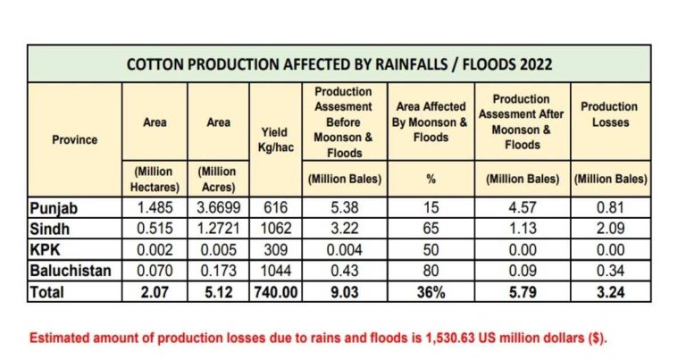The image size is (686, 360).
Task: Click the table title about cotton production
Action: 339,64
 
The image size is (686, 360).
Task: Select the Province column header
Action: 74,139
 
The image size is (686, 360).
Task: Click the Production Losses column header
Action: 609,114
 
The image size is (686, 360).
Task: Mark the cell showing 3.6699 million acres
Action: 219,207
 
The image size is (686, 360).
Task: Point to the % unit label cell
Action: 431,179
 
